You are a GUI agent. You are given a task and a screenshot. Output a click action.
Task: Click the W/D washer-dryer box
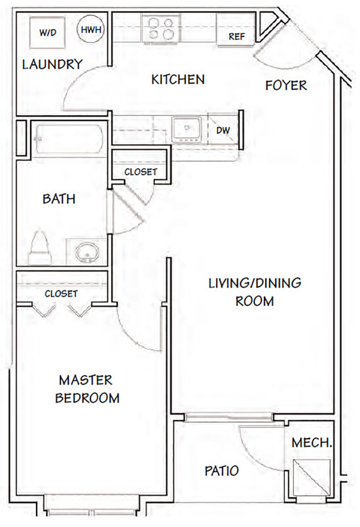point(47,32)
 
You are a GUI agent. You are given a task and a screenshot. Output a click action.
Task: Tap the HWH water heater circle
point(91,29)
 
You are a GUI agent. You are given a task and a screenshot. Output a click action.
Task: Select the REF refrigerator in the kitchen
point(237,32)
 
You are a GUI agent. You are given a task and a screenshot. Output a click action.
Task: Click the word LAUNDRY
point(52,64)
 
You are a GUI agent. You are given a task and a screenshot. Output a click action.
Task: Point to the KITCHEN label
point(178,80)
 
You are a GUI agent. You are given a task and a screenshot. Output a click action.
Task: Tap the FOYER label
point(286,85)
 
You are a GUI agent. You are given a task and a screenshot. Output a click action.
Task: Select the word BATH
point(59,199)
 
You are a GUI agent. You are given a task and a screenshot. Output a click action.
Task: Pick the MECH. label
point(312,443)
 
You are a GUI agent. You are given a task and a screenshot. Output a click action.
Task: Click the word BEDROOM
point(87,398)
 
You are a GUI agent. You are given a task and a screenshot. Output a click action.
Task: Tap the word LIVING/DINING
point(255,283)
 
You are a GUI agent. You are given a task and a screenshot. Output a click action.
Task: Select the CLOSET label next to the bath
point(141,172)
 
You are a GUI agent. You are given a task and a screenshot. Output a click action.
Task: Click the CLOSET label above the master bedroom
point(61,294)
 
